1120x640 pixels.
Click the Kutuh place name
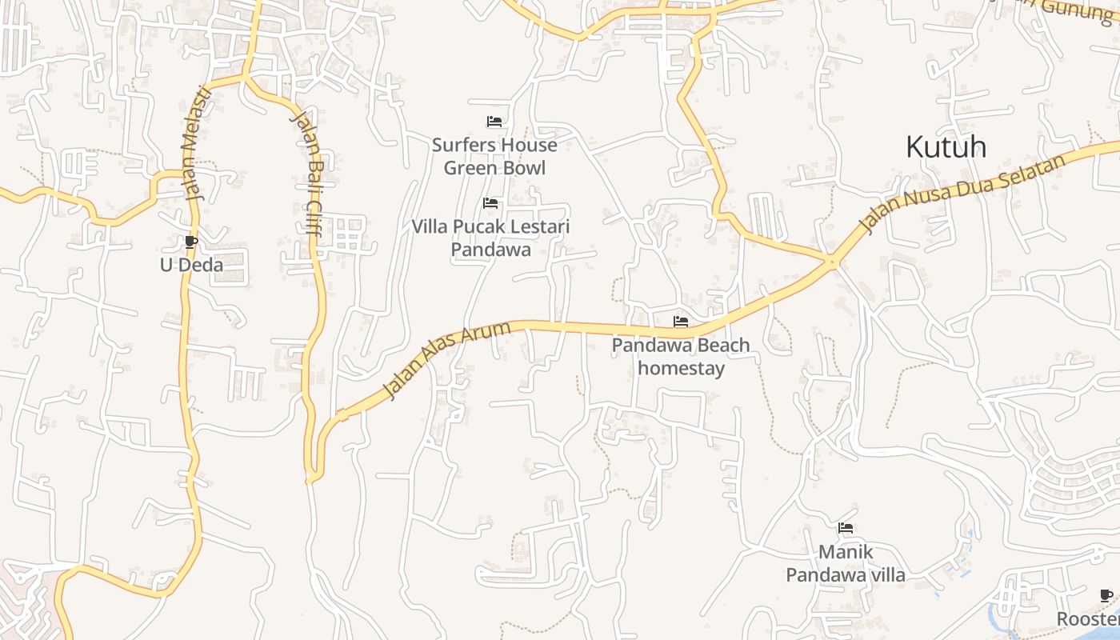tap(946, 147)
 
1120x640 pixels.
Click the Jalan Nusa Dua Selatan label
tap(963, 194)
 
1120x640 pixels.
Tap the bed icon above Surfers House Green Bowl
tap(494, 122)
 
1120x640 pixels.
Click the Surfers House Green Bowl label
tap(494, 157)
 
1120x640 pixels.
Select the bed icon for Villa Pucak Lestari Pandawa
tap(490, 203)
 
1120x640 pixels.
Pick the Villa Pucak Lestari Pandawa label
tap(490, 238)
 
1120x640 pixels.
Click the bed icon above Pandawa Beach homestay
tap(681, 322)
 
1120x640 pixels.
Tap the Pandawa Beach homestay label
tap(681, 357)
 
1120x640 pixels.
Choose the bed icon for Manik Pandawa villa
tap(846, 528)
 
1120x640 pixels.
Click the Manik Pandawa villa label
tap(846, 563)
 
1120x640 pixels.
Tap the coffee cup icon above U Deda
tap(190, 242)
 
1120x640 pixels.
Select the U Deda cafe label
tap(191, 265)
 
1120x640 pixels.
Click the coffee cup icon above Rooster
tap(1106, 595)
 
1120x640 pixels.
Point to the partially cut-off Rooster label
tap(1088, 619)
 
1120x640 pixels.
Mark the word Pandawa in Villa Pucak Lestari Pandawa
tap(490, 250)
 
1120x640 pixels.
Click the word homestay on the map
tap(681, 369)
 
